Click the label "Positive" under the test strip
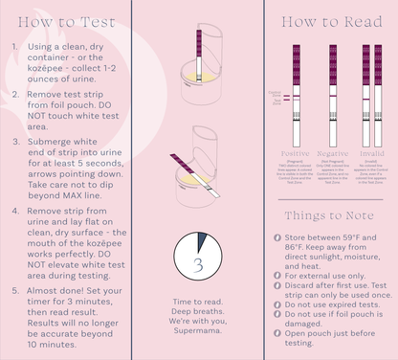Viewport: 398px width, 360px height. click(x=295, y=153)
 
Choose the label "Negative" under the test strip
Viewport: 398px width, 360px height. click(x=332, y=153)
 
